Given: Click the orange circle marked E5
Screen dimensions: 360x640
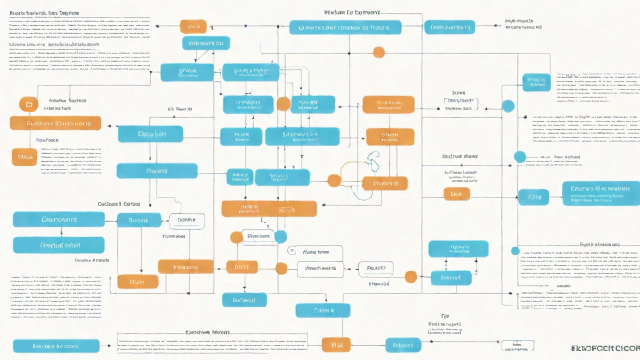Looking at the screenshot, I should [x=28, y=104].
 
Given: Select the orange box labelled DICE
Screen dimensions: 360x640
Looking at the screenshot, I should [x=242, y=267].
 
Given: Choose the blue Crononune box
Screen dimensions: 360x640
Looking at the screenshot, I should [x=58, y=219].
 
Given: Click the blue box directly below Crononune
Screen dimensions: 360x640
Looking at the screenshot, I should [x=58, y=245].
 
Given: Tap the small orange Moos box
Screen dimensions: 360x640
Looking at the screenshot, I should [x=137, y=281].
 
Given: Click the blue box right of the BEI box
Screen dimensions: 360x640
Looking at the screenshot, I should [x=403, y=344].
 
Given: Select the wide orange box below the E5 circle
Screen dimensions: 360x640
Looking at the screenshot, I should [x=55, y=123].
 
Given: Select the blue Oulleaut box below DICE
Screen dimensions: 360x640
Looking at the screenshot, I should [x=244, y=299].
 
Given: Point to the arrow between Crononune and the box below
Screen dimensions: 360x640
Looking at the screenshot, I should [x=61, y=232].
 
